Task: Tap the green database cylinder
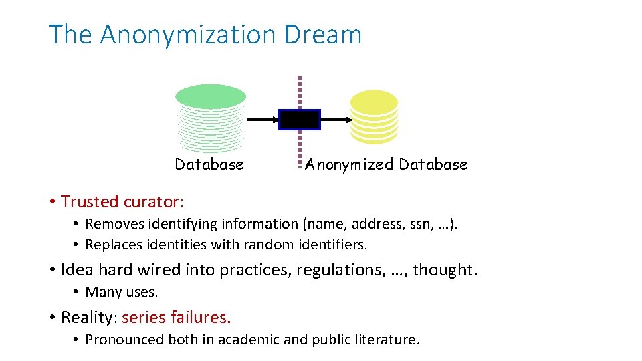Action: pyautogui.click(x=210, y=119)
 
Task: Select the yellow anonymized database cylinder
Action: pyautogui.click(x=374, y=118)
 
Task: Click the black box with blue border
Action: pyautogui.click(x=299, y=120)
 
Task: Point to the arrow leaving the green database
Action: pyautogui.click(x=262, y=120)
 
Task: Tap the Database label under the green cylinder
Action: pyautogui.click(x=209, y=164)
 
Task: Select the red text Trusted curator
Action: pyautogui.click(x=122, y=201)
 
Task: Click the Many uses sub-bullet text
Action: pyautogui.click(x=121, y=292)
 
